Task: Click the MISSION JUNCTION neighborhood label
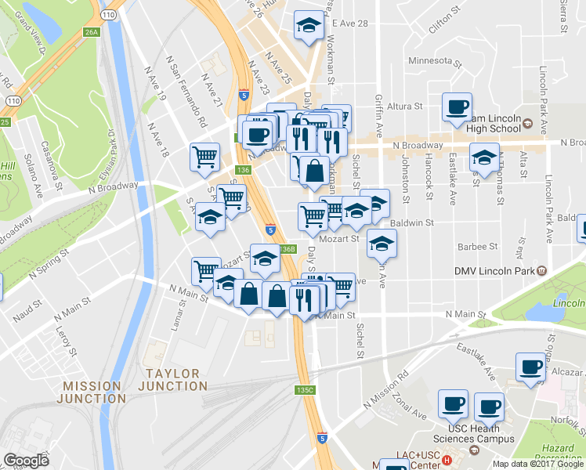click(92, 393)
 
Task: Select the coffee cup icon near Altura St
click(457, 108)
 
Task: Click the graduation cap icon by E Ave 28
click(309, 26)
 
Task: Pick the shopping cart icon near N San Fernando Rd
click(204, 156)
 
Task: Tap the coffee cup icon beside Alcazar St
click(530, 367)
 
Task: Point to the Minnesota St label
click(431, 60)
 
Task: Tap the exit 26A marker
click(92, 32)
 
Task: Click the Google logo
click(26, 461)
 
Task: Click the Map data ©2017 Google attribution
click(538, 464)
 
